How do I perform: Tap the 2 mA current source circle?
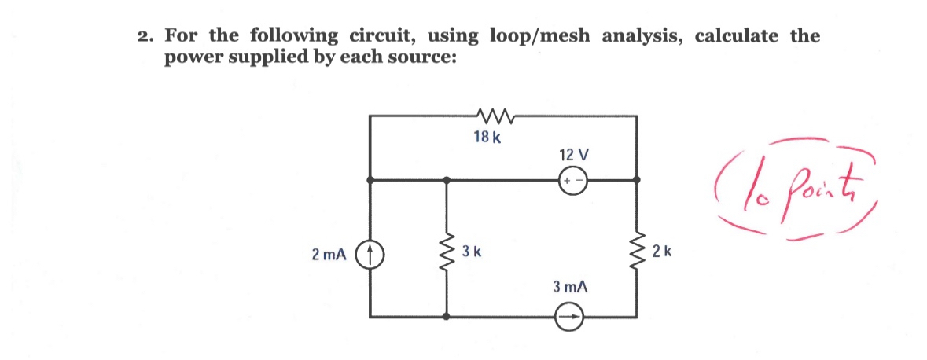370,254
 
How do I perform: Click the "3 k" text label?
472,252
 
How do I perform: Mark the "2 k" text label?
662,252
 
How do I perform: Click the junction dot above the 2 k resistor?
637,180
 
